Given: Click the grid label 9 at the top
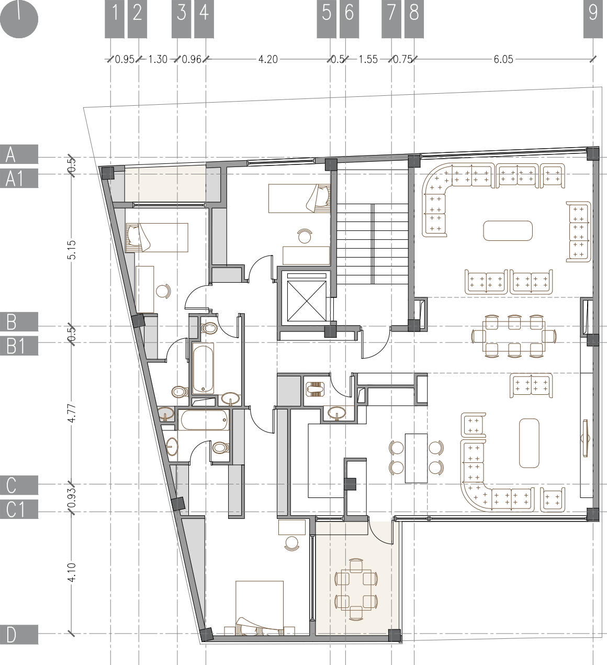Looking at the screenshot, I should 593,13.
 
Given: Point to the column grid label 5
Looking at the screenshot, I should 327,13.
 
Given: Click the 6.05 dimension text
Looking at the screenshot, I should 503,59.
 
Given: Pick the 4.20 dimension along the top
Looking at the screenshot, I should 268,59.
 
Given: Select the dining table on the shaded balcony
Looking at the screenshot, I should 356,589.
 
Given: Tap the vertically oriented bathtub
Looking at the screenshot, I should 204,368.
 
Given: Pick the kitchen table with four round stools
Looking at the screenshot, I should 417,458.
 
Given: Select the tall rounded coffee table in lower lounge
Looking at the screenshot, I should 529,442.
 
